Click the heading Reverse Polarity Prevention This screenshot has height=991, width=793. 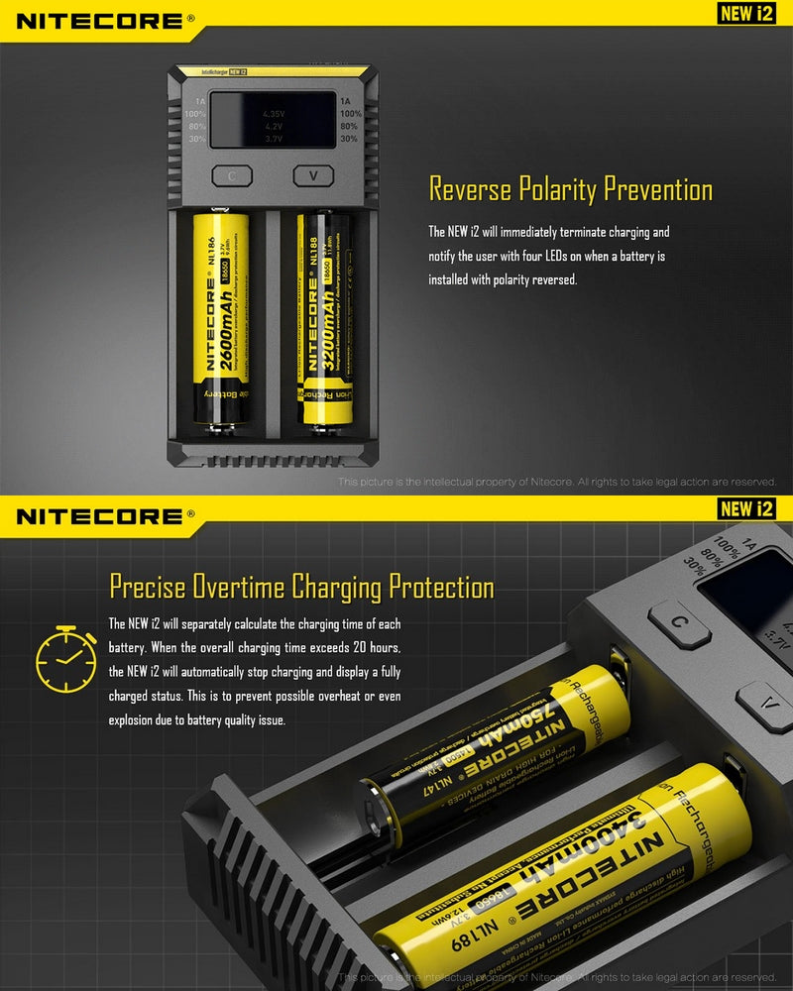[570, 189]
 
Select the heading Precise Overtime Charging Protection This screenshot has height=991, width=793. [301, 587]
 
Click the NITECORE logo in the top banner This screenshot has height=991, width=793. [99, 20]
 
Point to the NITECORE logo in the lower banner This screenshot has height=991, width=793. [99, 515]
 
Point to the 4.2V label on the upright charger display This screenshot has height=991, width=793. [274, 127]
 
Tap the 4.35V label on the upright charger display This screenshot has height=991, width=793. [274, 114]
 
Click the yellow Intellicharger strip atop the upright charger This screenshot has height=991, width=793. [273, 72]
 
